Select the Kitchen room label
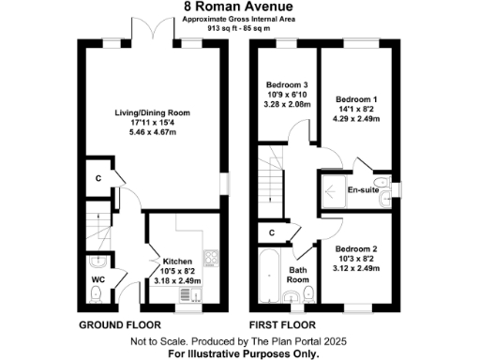click(x=177, y=262)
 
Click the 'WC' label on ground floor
click(x=98, y=279)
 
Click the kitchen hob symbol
click(x=211, y=256)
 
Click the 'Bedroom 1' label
click(x=357, y=98)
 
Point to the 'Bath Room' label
click(x=297, y=274)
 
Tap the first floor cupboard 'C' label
click(x=271, y=232)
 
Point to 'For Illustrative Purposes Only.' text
click(x=242, y=354)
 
